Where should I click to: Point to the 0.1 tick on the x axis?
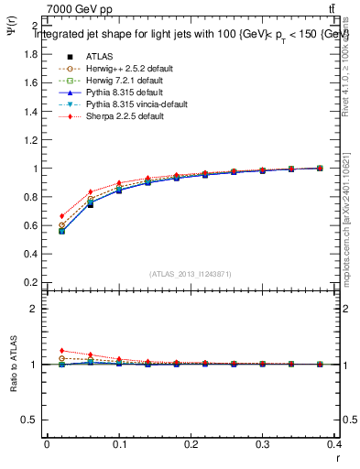pyautogui.click(x=119, y=445)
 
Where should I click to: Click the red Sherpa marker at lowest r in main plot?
pyautogui.click(x=61, y=216)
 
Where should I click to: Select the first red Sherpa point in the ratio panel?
pyautogui.click(x=61, y=351)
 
